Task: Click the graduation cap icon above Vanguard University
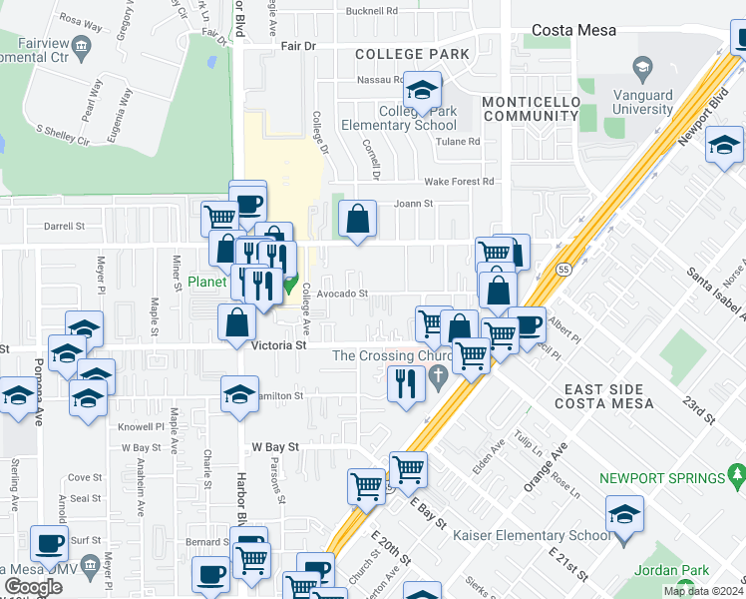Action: [644, 70]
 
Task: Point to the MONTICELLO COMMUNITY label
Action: [530, 110]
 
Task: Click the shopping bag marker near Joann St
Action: [357, 219]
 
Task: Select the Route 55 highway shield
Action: [563, 270]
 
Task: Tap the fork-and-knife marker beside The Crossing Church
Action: [405, 383]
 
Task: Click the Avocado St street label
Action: [343, 294]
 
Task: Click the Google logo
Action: [33, 587]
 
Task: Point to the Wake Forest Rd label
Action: [460, 182]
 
